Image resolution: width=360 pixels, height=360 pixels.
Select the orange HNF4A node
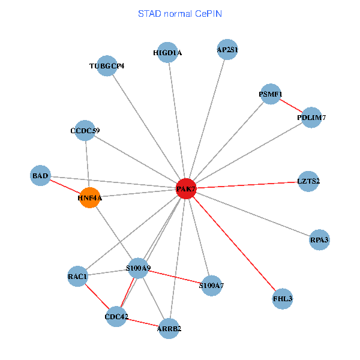(x=89, y=197)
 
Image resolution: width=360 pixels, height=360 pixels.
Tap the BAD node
(x=40, y=176)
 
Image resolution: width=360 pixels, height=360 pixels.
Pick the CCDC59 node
(x=85, y=131)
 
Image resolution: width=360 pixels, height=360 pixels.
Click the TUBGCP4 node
(x=107, y=65)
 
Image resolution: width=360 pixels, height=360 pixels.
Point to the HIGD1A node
(x=167, y=53)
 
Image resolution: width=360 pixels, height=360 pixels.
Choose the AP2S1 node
(x=227, y=50)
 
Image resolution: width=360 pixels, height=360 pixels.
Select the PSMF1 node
(x=271, y=94)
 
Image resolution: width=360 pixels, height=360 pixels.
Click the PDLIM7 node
(x=311, y=118)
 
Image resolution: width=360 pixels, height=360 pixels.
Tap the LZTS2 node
(x=308, y=181)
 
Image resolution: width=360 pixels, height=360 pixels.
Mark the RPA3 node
(x=319, y=240)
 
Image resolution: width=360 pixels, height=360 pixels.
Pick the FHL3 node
(x=283, y=298)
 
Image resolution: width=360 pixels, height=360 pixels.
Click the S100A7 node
(x=211, y=286)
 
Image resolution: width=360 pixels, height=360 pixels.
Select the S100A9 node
(x=138, y=268)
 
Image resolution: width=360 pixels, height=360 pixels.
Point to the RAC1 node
(x=78, y=277)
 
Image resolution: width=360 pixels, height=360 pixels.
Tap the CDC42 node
(x=116, y=316)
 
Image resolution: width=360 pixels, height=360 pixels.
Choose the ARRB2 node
(x=169, y=328)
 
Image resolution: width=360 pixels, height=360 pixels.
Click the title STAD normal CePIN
(x=180, y=13)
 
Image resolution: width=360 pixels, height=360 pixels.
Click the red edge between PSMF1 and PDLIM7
(x=291, y=106)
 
